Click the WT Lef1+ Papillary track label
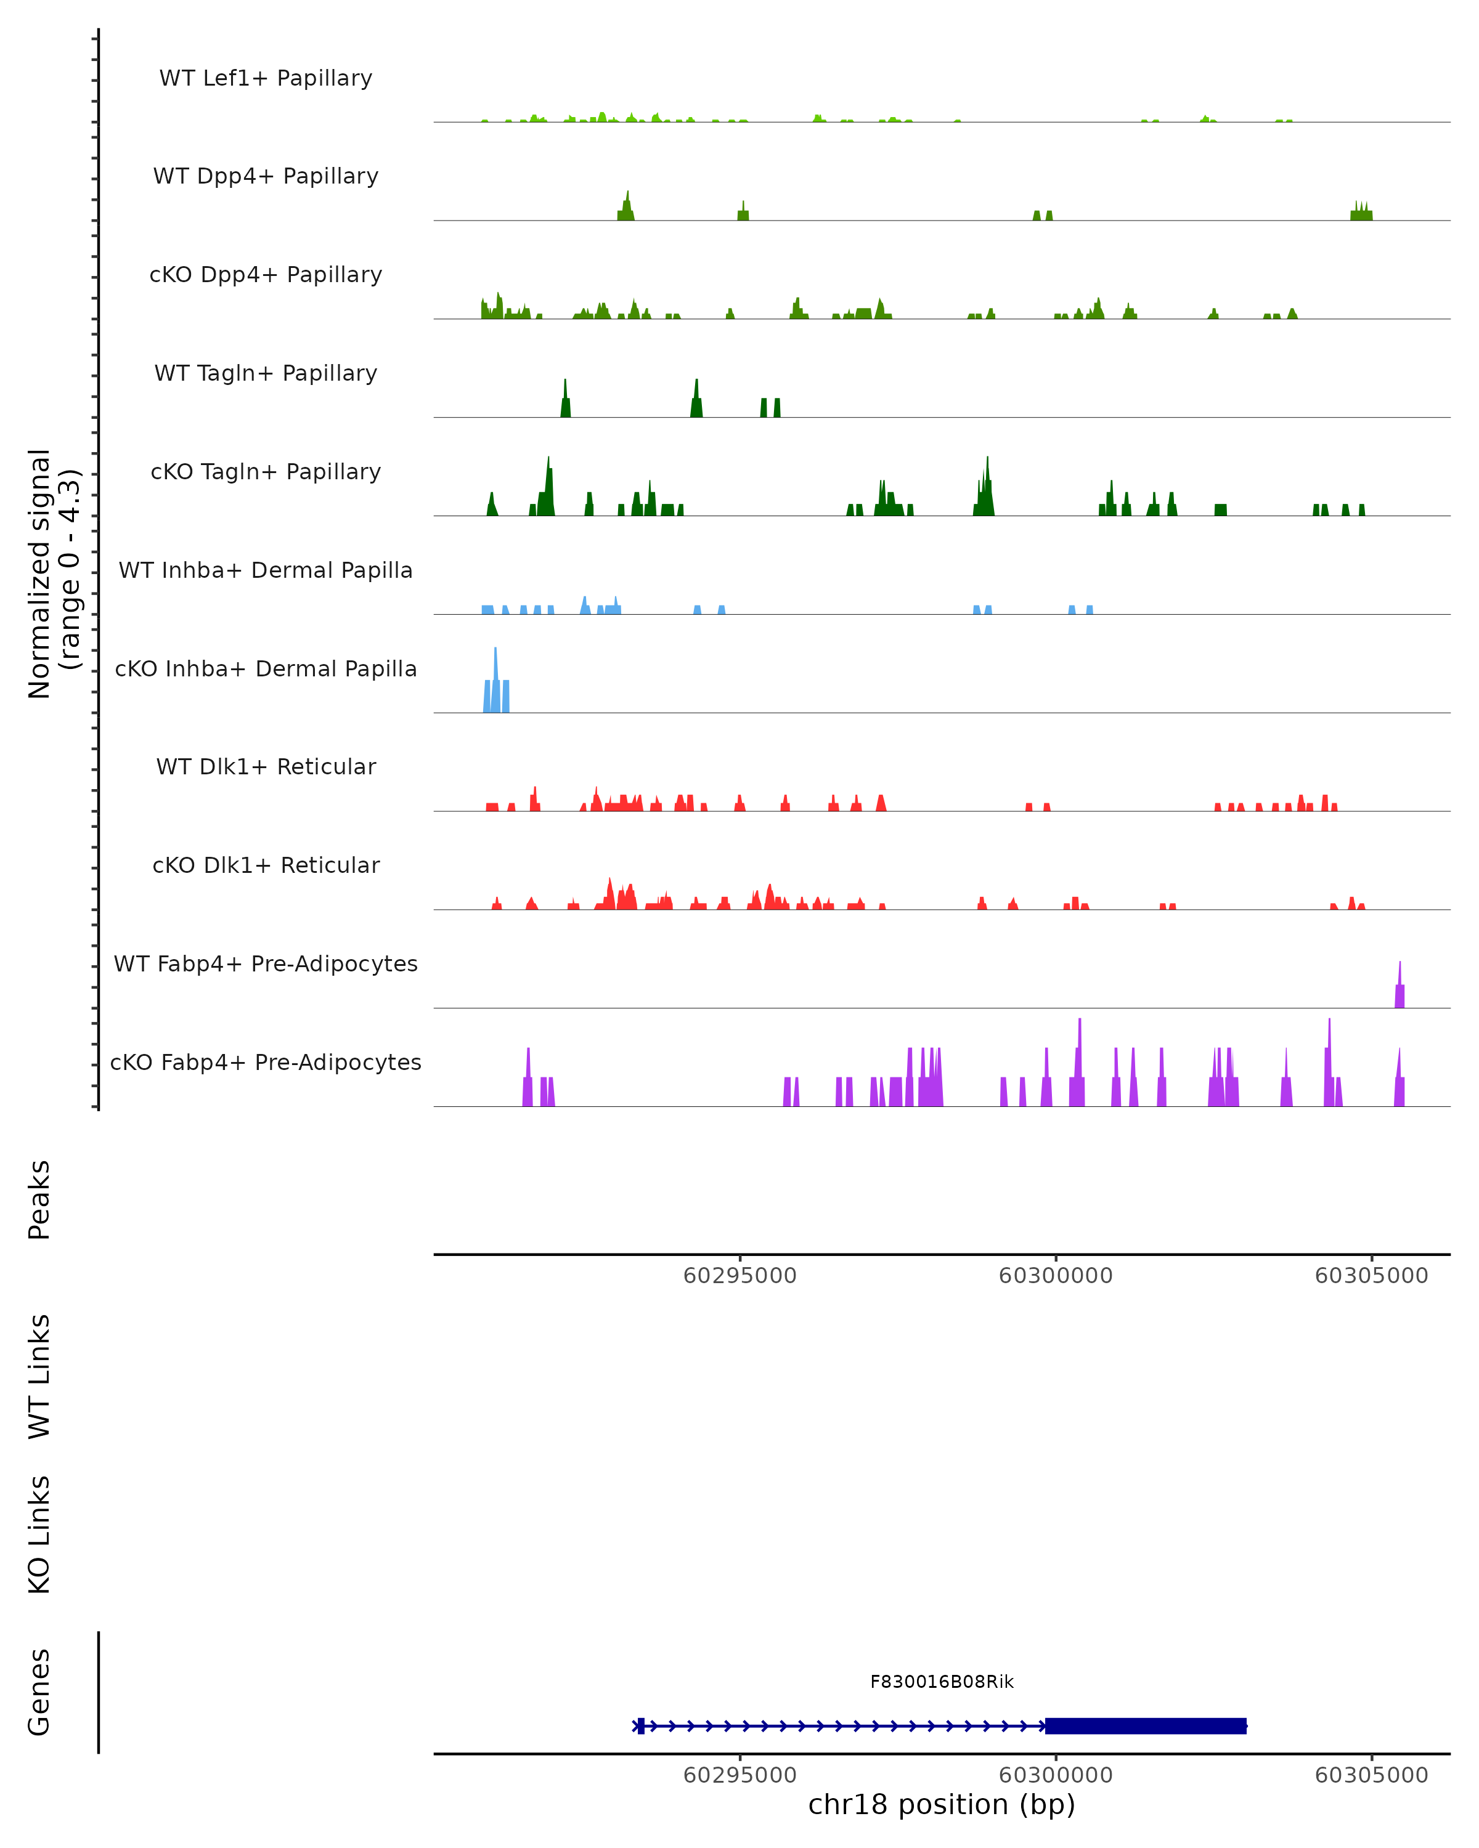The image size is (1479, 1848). click(266, 78)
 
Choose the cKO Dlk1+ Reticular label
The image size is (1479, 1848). click(266, 865)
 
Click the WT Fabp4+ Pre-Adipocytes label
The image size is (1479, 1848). click(266, 963)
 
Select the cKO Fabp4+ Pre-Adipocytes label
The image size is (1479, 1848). click(266, 1062)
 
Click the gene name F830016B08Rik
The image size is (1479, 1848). click(942, 1682)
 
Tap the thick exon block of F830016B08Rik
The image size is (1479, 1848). click(1144, 1725)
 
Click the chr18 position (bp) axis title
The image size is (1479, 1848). click(942, 1804)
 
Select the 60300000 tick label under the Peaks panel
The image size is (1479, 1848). click(1056, 1276)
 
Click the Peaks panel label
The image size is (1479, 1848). click(39, 1199)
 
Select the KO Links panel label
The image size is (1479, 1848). click(39, 1534)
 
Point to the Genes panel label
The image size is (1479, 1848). click(39, 1692)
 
